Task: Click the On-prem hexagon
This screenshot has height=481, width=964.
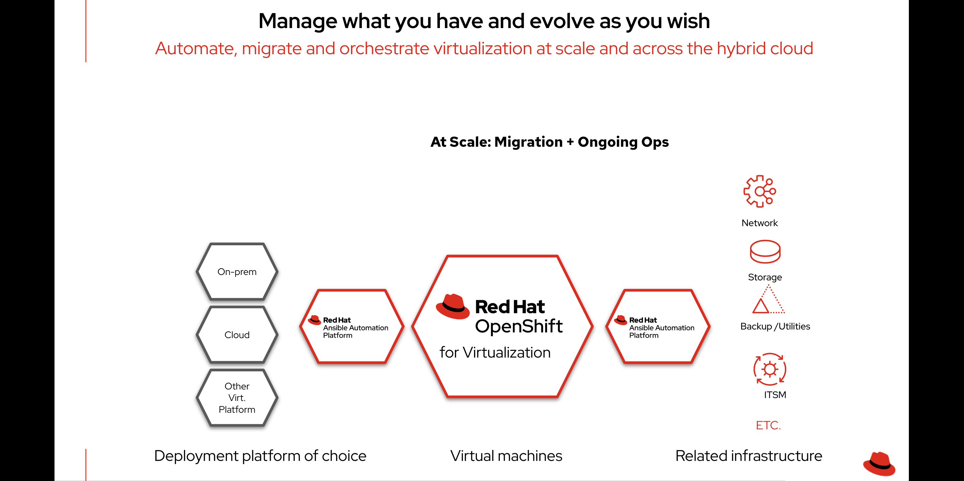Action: pos(237,272)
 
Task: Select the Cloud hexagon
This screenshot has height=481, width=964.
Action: pos(237,335)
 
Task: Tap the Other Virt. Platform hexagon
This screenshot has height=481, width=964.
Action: pos(237,397)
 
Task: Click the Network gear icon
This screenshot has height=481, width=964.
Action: pos(759,191)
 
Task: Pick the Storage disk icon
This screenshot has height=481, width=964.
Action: pos(765,252)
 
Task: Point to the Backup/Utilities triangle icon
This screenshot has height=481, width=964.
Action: pos(768,300)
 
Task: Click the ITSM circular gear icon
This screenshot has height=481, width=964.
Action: pos(770,369)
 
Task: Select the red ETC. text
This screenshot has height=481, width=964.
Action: pos(768,425)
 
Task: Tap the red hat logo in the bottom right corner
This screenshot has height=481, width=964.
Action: pos(879,464)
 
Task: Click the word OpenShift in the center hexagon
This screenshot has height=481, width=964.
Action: pos(519,326)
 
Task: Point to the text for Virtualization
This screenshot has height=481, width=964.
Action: pos(495,352)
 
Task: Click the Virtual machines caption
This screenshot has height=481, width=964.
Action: pos(506,456)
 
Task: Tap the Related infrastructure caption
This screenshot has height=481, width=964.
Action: pos(749,456)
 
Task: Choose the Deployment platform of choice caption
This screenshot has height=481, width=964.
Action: pos(260,456)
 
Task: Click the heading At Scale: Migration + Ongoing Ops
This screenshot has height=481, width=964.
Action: pos(549,142)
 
